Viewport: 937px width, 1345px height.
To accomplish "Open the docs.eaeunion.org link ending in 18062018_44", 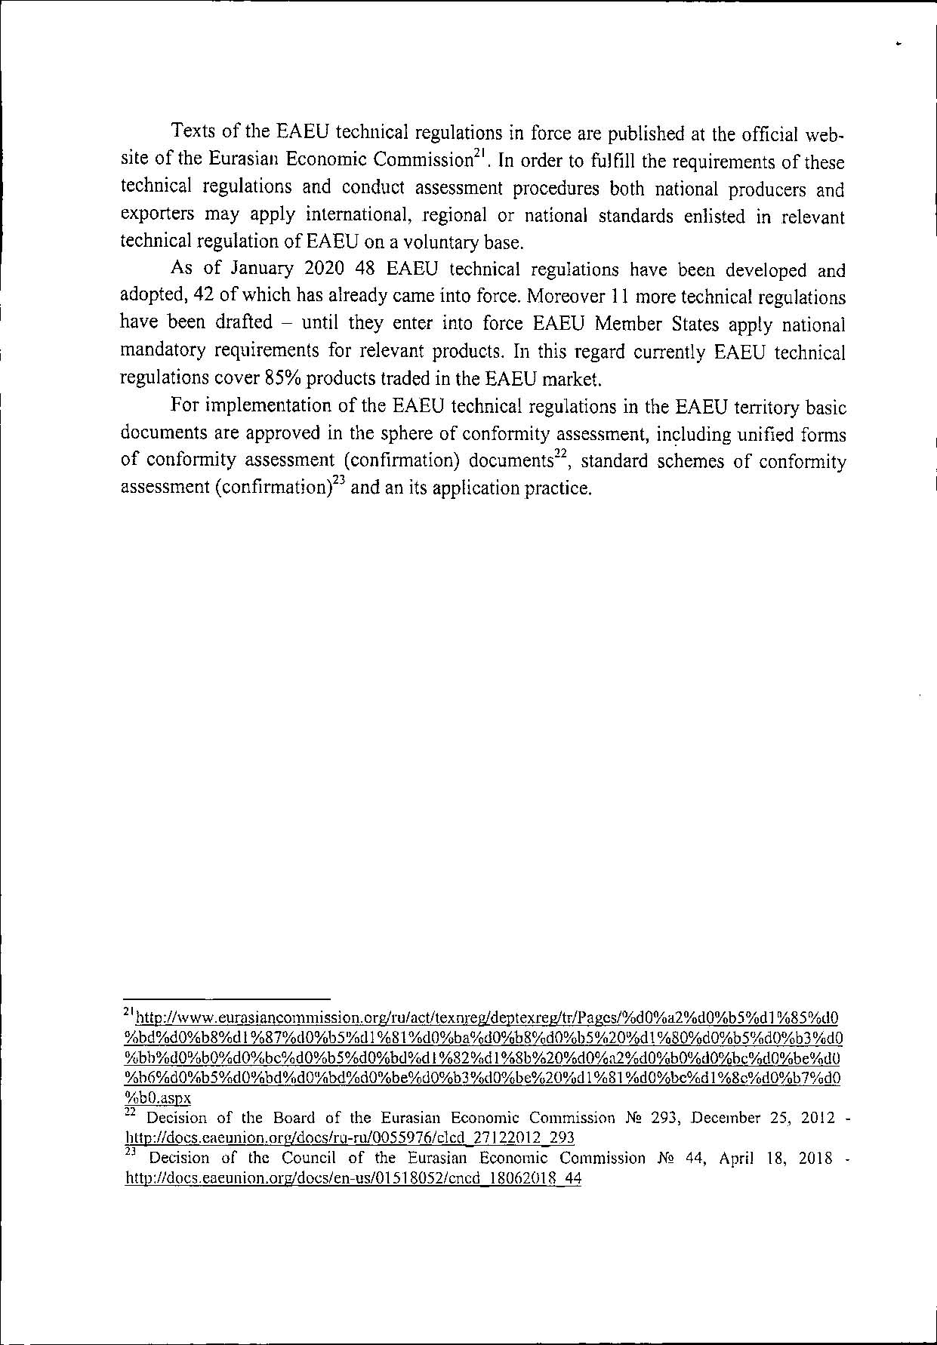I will coord(353,1178).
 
